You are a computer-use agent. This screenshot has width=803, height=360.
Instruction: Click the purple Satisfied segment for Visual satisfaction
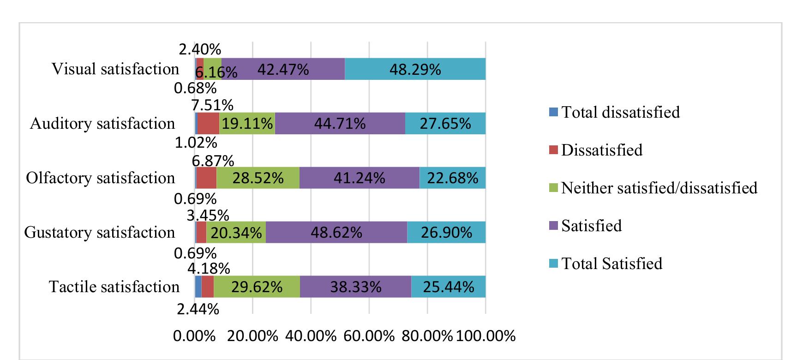[x=283, y=69]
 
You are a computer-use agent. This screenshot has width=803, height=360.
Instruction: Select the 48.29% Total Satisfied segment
[x=415, y=69]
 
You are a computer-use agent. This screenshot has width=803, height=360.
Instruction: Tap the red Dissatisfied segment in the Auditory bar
[x=208, y=123]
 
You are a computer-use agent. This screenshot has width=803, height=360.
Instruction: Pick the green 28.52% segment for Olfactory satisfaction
[x=258, y=178]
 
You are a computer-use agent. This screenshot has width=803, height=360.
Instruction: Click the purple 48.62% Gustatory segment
[x=336, y=232]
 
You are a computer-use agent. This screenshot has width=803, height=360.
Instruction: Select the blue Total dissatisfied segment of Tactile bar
[x=198, y=287]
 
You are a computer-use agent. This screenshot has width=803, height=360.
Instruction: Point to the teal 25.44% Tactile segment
[x=448, y=287]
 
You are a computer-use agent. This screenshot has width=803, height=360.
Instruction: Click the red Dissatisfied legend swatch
[x=554, y=150]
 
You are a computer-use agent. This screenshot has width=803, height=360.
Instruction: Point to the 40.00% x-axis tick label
[x=311, y=336]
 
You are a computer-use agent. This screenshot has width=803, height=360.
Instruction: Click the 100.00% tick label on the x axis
[x=485, y=336]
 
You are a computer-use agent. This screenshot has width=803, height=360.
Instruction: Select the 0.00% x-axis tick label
[x=194, y=336]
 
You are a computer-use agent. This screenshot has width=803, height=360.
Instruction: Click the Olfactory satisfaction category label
[x=101, y=178]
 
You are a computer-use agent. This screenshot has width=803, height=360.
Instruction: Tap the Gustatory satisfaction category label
[x=100, y=232]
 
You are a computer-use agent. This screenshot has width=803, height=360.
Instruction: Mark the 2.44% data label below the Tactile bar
[x=198, y=309]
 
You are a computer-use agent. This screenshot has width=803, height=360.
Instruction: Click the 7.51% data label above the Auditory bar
[x=212, y=105]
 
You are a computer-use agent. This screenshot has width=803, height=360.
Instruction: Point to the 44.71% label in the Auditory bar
[x=340, y=123]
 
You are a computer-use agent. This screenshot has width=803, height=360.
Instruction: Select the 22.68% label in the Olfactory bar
[x=452, y=178]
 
